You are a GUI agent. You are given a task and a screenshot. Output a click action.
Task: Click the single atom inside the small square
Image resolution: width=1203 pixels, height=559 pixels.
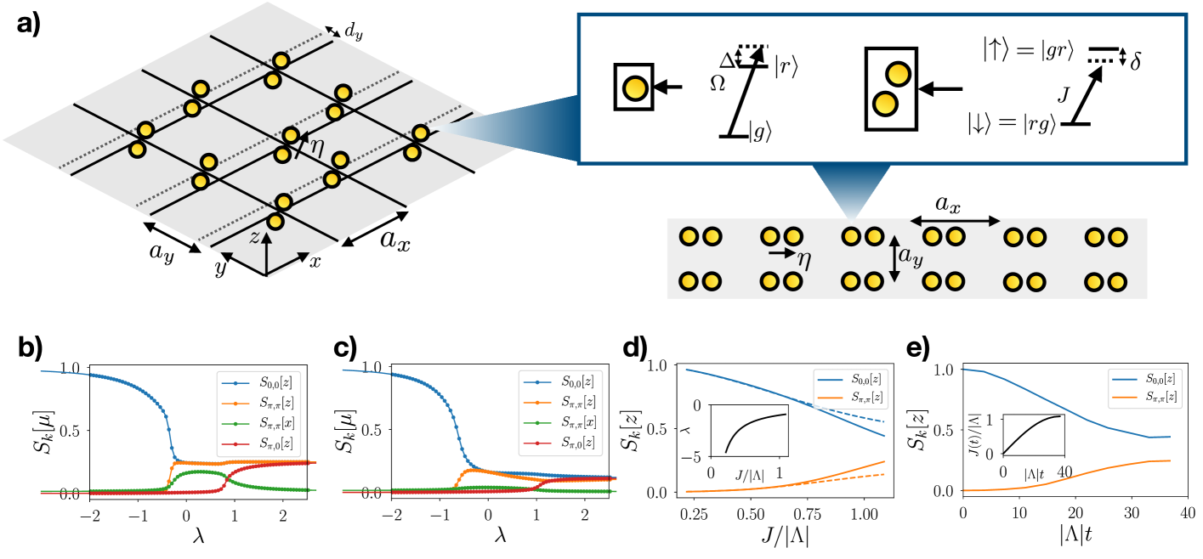(633, 86)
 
